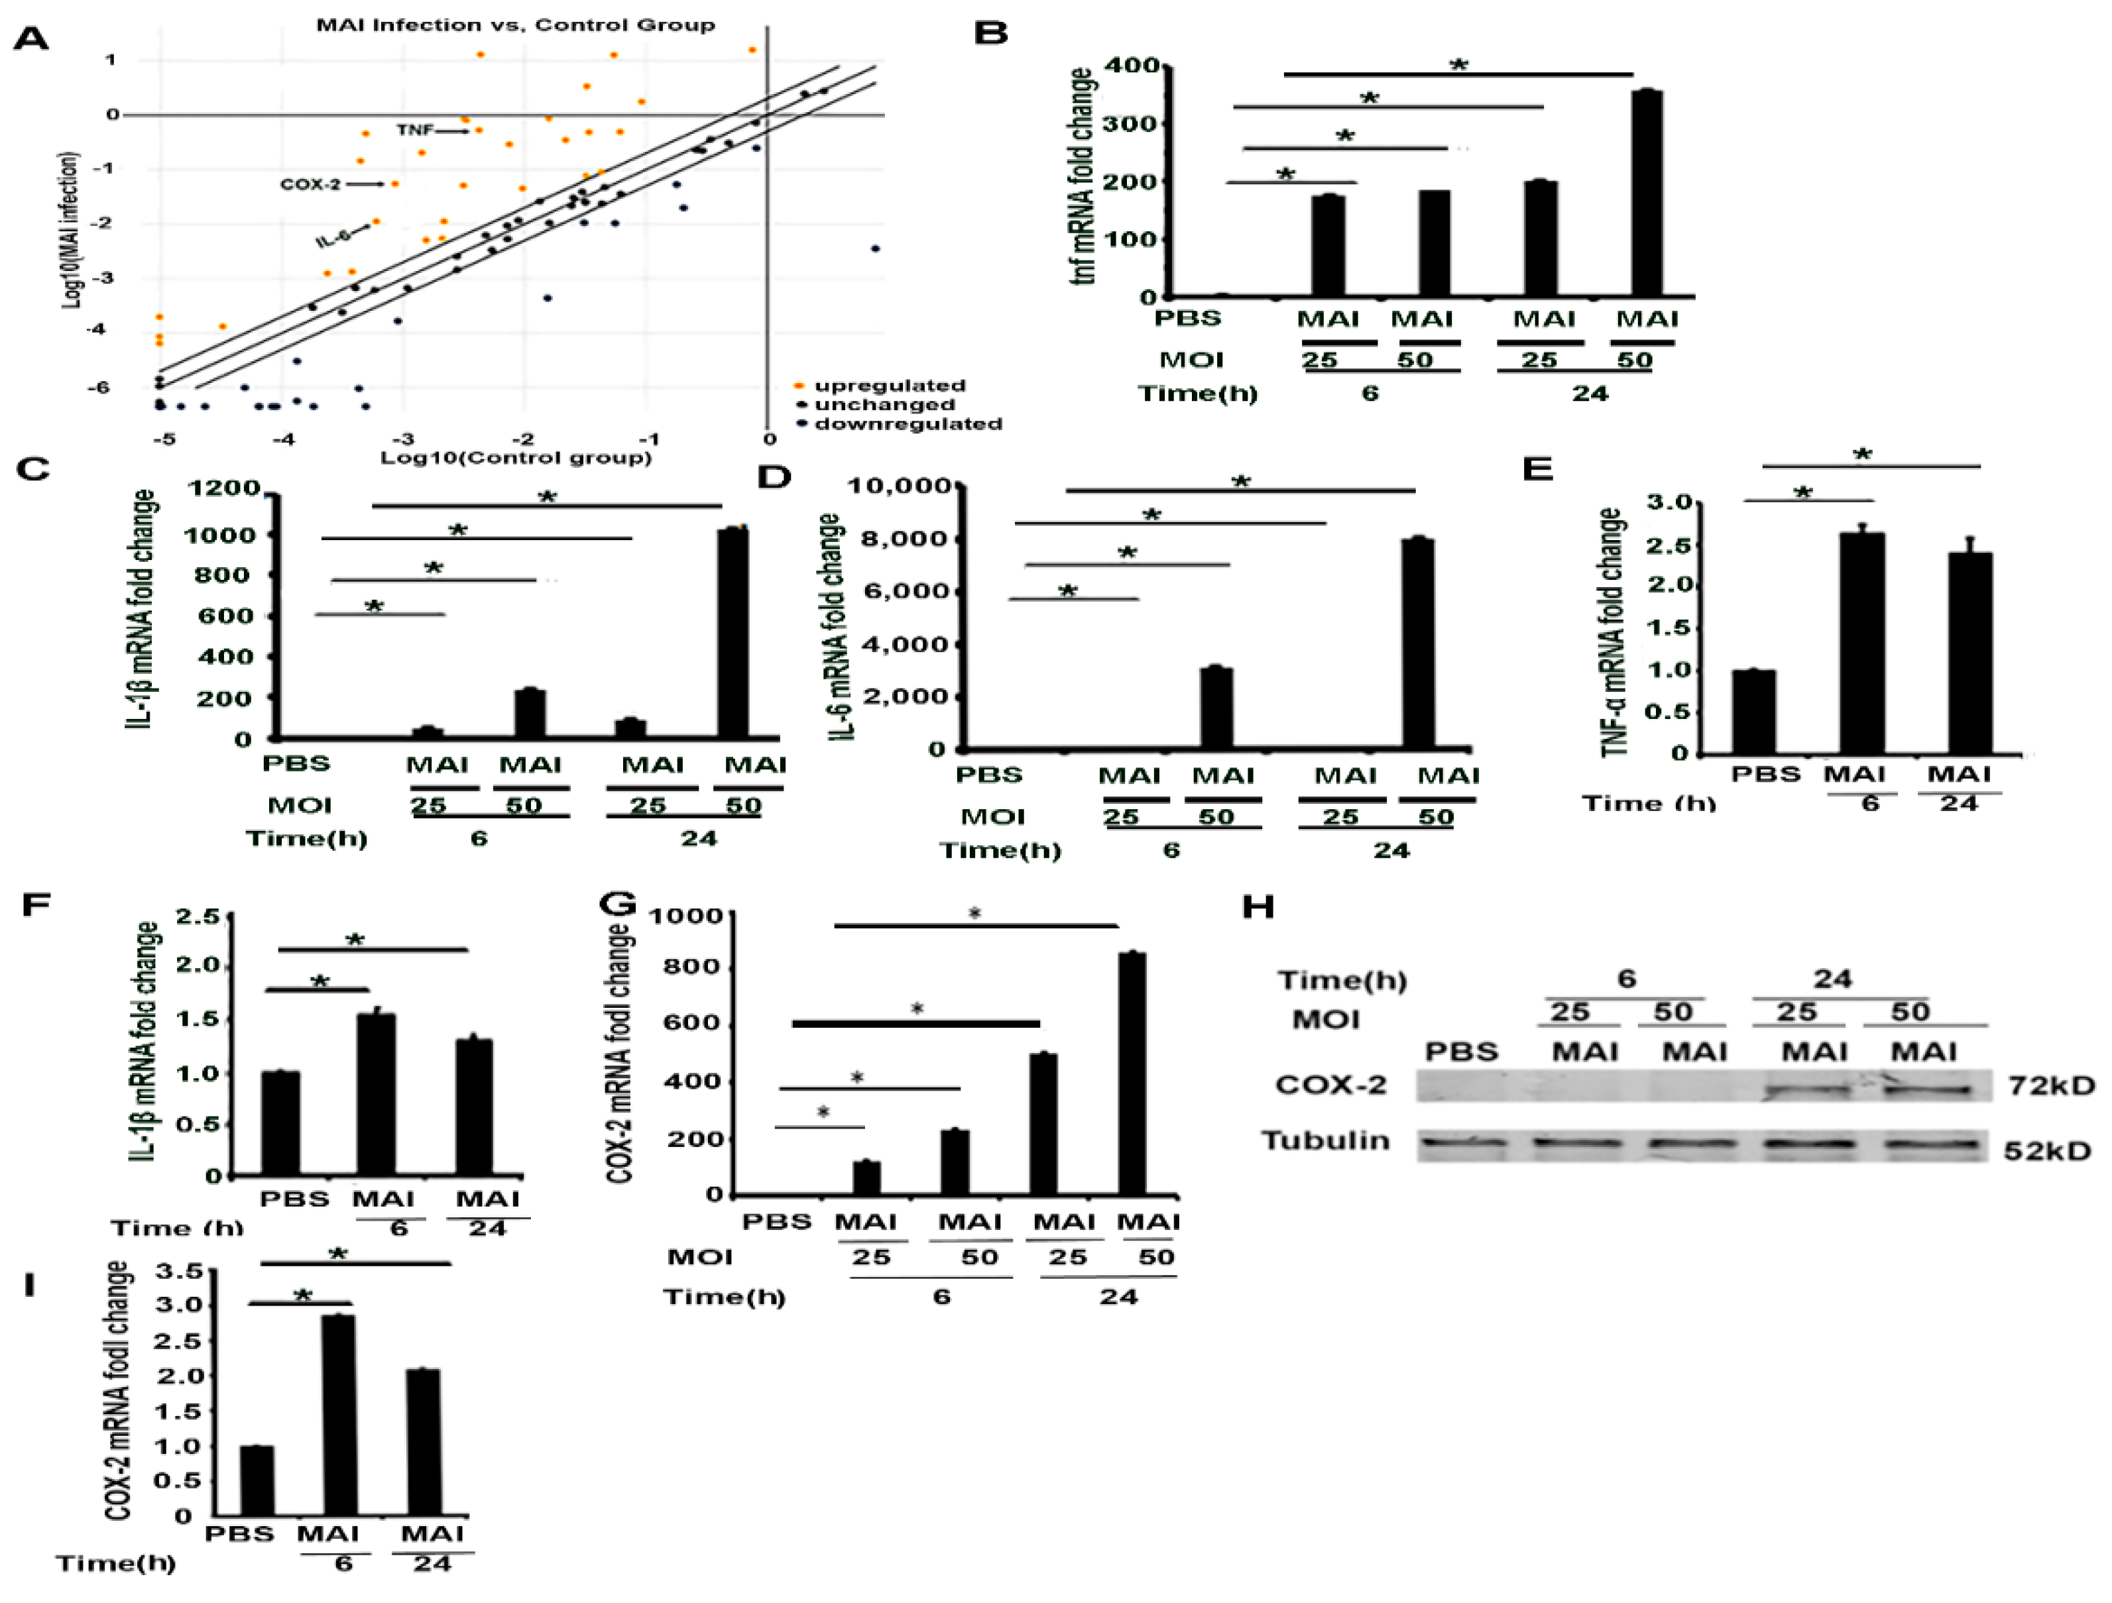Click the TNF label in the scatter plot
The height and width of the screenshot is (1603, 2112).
414,130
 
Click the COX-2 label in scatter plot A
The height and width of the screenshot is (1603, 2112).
310,184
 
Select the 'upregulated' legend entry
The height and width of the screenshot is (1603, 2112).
889,386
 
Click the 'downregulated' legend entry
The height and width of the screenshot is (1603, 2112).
907,424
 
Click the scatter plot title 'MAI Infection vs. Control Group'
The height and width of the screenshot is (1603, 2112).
516,25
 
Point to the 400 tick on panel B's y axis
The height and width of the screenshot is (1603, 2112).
1132,66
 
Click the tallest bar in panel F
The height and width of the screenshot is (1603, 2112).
376,1094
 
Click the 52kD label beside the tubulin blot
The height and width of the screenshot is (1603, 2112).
2047,1150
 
